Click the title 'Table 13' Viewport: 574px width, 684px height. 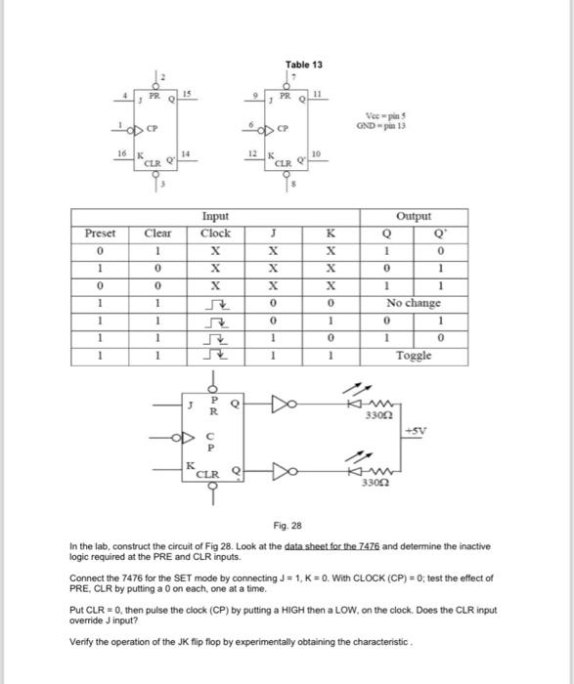[x=303, y=64]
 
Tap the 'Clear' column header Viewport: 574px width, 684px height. [x=156, y=234]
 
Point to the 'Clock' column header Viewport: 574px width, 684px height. [x=215, y=234]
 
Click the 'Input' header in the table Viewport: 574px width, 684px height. [x=215, y=217]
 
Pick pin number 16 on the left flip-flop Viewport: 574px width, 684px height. [x=120, y=155]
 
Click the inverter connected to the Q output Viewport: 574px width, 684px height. [x=281, y=401]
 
